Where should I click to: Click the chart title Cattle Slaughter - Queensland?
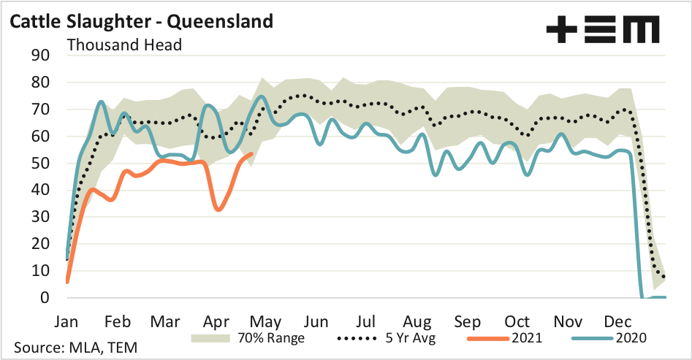[140, 21]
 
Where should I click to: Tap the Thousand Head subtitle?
[124, 44]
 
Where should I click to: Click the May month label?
[267, 321]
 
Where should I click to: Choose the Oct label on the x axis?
[517, 321]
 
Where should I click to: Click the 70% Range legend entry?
[248, 338]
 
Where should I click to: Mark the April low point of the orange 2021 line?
[218, 210]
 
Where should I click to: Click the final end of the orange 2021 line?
[252, 153]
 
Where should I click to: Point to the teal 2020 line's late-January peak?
[101, 102]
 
